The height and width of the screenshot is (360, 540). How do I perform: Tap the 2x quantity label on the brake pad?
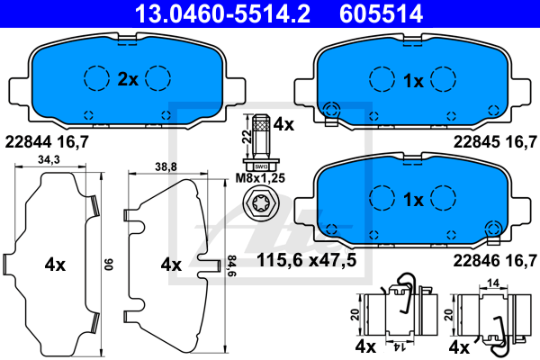[128, 80]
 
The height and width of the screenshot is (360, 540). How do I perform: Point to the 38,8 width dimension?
[165, 167]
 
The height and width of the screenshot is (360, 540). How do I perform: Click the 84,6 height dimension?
[230, 265]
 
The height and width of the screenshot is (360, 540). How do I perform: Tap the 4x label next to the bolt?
[284, 125]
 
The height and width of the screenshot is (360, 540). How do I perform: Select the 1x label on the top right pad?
[413, 80]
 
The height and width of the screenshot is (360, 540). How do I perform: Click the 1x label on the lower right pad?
[413, 201]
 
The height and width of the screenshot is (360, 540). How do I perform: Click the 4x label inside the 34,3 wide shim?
[55, 265]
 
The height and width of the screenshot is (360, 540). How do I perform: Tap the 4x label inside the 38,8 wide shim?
[170, 265]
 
